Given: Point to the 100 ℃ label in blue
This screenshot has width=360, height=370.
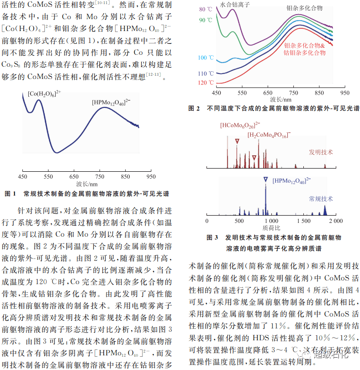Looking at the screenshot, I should [x=206, y=58].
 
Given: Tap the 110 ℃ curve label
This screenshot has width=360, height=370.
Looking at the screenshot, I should [x=206, y=73].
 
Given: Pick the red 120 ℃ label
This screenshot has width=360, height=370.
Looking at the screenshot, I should [x=206, y=83].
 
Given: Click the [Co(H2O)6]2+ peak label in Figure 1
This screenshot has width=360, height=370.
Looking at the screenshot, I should [x=44, y=94].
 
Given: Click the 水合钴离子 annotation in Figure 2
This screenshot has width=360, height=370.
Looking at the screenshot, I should [x=234, y=5].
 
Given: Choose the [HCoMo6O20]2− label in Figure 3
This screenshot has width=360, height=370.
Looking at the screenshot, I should [x=240, y=125].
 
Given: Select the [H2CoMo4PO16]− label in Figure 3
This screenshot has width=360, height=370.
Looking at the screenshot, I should [x=269, y=135].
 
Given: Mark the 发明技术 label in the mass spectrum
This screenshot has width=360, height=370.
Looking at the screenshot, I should [x=321, y=152].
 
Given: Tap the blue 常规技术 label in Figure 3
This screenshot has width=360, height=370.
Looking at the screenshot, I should [x=321, y=199].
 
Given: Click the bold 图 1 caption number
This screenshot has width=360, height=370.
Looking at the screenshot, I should [x=10, y=194].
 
